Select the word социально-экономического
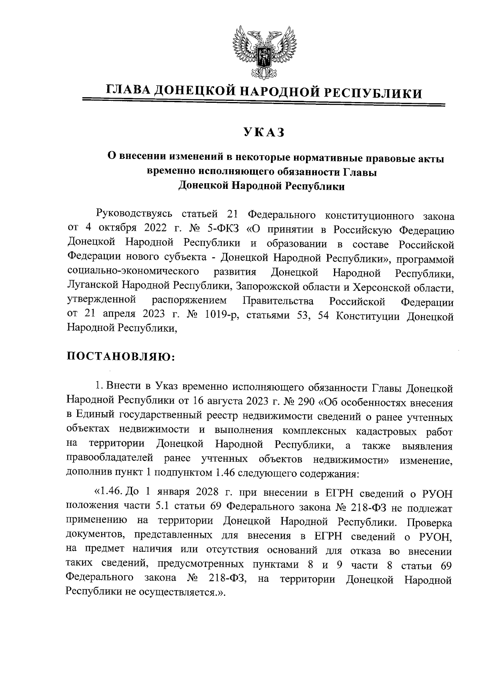(133, 273)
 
